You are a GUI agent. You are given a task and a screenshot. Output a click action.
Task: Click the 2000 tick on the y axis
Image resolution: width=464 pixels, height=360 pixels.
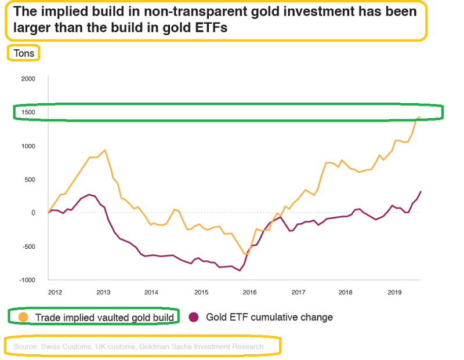pos(28,79)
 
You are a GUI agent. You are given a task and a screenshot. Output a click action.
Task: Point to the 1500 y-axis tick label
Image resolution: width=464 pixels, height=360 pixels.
pos(28,112)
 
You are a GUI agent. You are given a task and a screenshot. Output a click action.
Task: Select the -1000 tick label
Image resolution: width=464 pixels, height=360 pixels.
pos(27,280)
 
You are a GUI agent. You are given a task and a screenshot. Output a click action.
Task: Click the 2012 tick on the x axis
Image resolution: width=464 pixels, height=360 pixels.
pos(56,292)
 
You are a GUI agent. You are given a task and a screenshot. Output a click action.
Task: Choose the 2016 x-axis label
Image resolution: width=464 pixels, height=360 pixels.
pos(249,292)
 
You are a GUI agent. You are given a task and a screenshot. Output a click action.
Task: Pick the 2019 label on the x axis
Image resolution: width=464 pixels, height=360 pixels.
pos(394,292)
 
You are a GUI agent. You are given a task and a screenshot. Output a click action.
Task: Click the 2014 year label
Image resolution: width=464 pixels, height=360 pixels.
pos(151,292)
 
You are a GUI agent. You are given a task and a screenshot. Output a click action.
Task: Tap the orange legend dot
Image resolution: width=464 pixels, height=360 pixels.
pos(23,317)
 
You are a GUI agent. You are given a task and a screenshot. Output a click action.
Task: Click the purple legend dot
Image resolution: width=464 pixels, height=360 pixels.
pos(194,317)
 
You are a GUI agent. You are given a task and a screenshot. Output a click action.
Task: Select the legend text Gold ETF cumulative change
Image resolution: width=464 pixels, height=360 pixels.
pos(269,317)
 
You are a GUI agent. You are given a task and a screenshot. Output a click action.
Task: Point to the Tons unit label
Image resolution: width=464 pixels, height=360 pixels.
pos(23,53)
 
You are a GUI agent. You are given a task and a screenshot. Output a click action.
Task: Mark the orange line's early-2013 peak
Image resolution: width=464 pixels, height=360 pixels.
pos(104,150)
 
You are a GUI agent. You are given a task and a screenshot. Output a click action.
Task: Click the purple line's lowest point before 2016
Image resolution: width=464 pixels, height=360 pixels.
pos(240,270)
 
